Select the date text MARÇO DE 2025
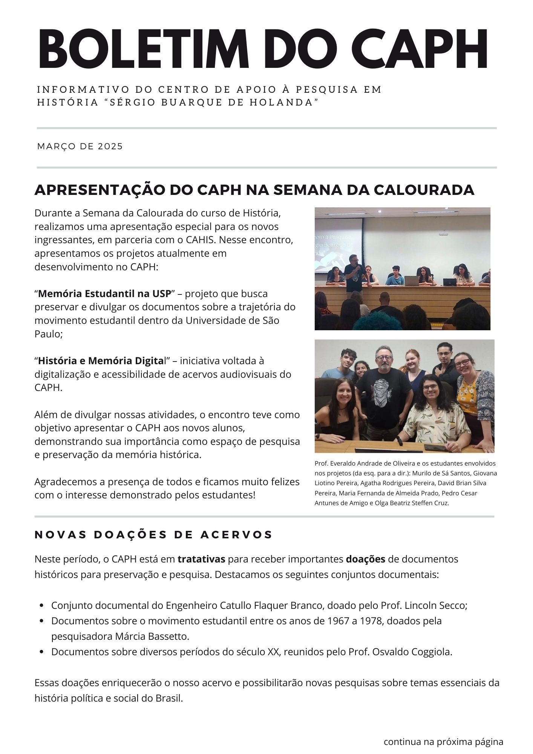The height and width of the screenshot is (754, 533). [80, 146]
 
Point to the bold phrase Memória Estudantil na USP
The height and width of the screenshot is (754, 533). [104, 293]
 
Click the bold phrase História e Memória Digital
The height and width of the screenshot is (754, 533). [101, 361]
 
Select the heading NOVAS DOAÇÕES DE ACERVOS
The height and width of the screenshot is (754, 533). [153, 535]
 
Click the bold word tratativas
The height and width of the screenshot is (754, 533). [201, 559]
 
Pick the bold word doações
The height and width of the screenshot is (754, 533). [365, 559]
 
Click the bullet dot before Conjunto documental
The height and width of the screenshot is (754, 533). [42, 606]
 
